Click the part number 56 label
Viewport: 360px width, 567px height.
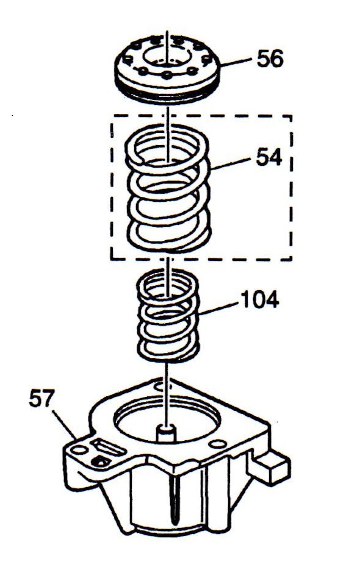coord(270,59)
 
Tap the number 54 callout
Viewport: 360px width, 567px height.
coord(269,157)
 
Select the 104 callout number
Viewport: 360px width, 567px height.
coord(260,299)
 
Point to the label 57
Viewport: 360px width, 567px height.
coord(41,398)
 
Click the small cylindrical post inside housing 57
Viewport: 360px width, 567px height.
coord(166,433)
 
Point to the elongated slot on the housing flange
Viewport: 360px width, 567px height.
coord(108,448)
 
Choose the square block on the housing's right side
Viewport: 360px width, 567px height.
coord(273,466)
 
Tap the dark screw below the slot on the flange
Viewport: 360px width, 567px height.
coord(100,461)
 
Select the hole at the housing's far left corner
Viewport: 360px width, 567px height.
coord(79,450)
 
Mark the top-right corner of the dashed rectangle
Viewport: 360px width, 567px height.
coord(291,116)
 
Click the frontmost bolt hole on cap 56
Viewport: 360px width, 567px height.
coord(167,75)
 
